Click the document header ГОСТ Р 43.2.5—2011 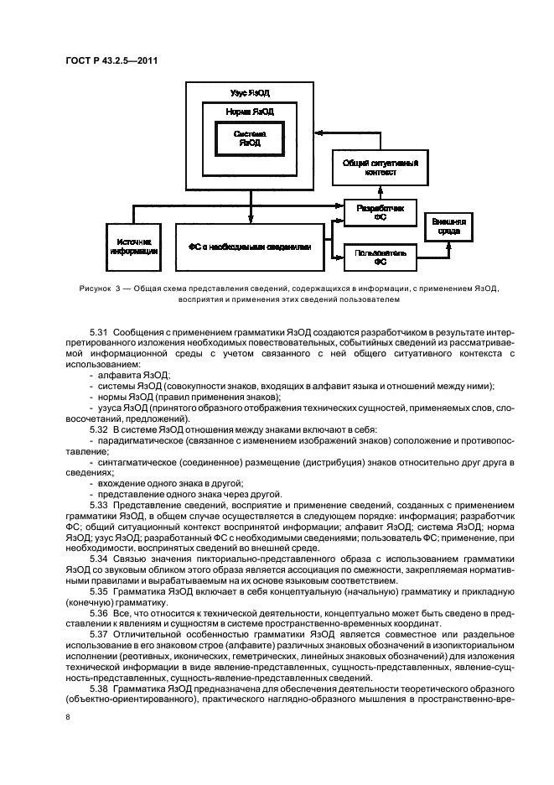pyautogui.click(x=112, y=60)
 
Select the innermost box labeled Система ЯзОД pyautogui.click(x=249, y=138)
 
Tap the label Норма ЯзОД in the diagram pyautogui.click(x=249, y=111)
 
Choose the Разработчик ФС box pyautogui.click(x=380, y=212)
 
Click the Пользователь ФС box pyautogui.click(x=380, y=256)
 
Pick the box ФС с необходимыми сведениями pyautogui.click(x=249, y=247)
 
